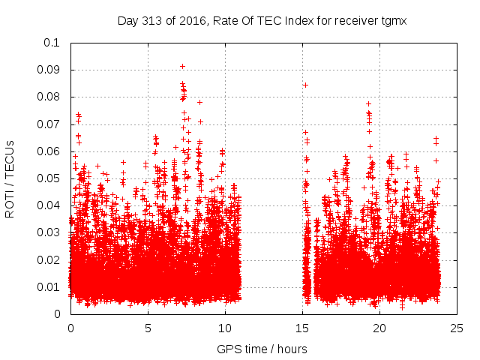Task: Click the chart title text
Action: [262, 21]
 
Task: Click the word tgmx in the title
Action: [391, 21]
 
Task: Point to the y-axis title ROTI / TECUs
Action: [10, 178]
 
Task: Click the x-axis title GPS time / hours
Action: [262, 349]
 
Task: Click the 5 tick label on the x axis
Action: [148, 328]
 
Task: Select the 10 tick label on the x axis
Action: [225, 328]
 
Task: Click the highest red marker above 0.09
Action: [182, 66]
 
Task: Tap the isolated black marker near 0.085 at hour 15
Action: [305, 85]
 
